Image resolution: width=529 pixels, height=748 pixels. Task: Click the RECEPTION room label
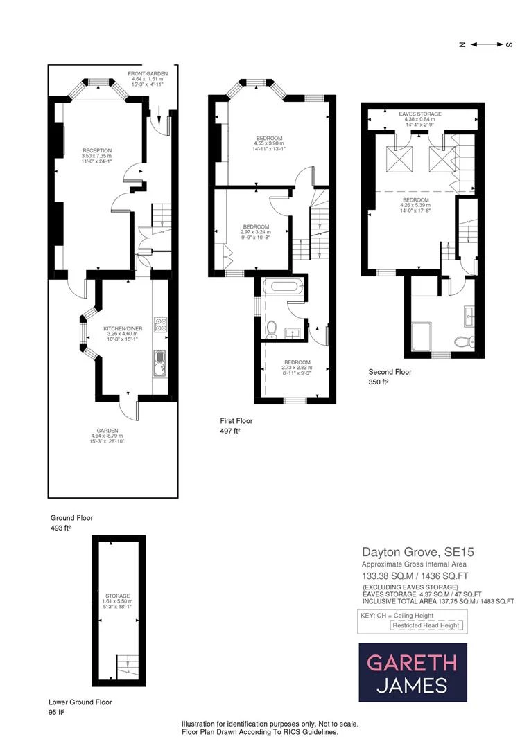coord(96,150)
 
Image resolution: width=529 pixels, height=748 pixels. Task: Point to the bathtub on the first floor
coord(283,285)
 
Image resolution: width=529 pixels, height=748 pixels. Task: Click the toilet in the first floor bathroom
coord(272,327)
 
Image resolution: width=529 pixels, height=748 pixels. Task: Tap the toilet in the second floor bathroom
coord(463,341)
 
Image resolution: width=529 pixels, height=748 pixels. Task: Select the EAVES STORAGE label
coord(419,113)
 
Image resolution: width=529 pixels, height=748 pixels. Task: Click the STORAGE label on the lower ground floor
coord(118,596)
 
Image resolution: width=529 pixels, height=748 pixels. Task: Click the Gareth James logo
coord(413,673)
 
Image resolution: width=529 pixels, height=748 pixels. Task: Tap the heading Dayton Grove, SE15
coord(418,553)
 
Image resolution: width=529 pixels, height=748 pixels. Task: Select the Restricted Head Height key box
coord(426,625)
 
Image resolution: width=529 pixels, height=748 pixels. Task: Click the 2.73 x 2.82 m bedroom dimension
coord(297,368)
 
